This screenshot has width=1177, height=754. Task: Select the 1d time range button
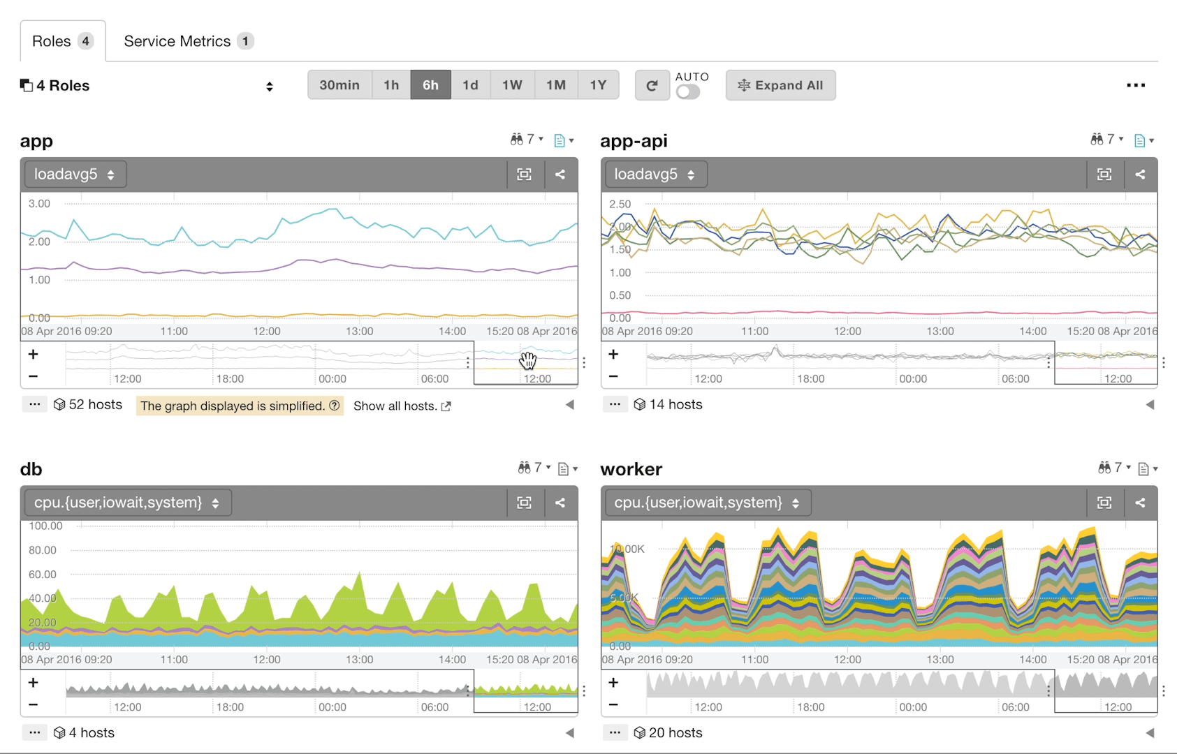pyautogui.click(x=470, y=85)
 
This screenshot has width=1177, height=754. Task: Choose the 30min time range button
pyautogui.click(x=339, y=85)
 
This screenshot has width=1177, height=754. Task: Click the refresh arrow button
pyautogui.click(x=652, y=85)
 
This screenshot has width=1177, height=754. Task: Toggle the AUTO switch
pyautogui.click(x=688, y=92)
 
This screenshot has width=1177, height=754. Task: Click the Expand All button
pyautogui.click(x=780, y=85)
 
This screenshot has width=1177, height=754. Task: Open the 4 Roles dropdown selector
pyautogui.click(x=147, y=86)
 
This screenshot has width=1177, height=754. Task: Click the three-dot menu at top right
pyautogui.click(x=1136, y=85)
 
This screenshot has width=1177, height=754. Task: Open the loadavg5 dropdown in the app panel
pyautogui.click(x=75, y=175)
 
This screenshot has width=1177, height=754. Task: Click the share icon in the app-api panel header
pyautogui.click(x=1140, y=175)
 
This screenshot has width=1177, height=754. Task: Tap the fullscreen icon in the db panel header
pyautogui.click(x=524, y=503)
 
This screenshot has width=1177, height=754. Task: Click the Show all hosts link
pyautogui.click(x=402, y=406)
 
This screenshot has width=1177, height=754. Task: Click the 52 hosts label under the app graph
pyautogui.click(x=88, y=405)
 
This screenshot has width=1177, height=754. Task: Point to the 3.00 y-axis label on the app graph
pyautogui.click(x=39, y=204)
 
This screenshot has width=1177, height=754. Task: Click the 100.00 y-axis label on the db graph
pyautogui.click(x=45, y=526)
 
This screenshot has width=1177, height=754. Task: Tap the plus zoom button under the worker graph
pyautogui.click(x=613, y=683)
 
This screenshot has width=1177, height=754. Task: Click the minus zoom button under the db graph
pyautogui.click(x=33, y=705)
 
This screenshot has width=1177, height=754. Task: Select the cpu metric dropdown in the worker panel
pyautogui.click(x=706, y=503)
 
